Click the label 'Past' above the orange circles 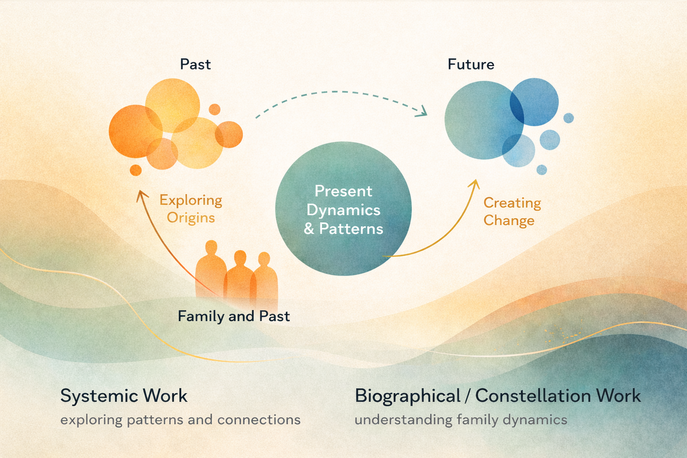195,64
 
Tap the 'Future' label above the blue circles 471,64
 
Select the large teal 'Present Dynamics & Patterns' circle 343,208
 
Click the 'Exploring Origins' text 191,208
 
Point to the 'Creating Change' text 512,212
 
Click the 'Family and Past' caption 233,317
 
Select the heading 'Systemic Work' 124,396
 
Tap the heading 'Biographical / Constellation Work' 497,396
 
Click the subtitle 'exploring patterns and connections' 180,420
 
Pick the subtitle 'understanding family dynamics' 461,420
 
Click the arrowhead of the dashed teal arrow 422,112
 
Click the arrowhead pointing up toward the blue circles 475,183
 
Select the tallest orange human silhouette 211,268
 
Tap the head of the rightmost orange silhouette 264,259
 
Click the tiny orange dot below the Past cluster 136,170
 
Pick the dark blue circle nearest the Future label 534,102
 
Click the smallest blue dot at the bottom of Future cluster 542,170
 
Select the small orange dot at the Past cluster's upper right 215,109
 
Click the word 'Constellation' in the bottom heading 533,396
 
